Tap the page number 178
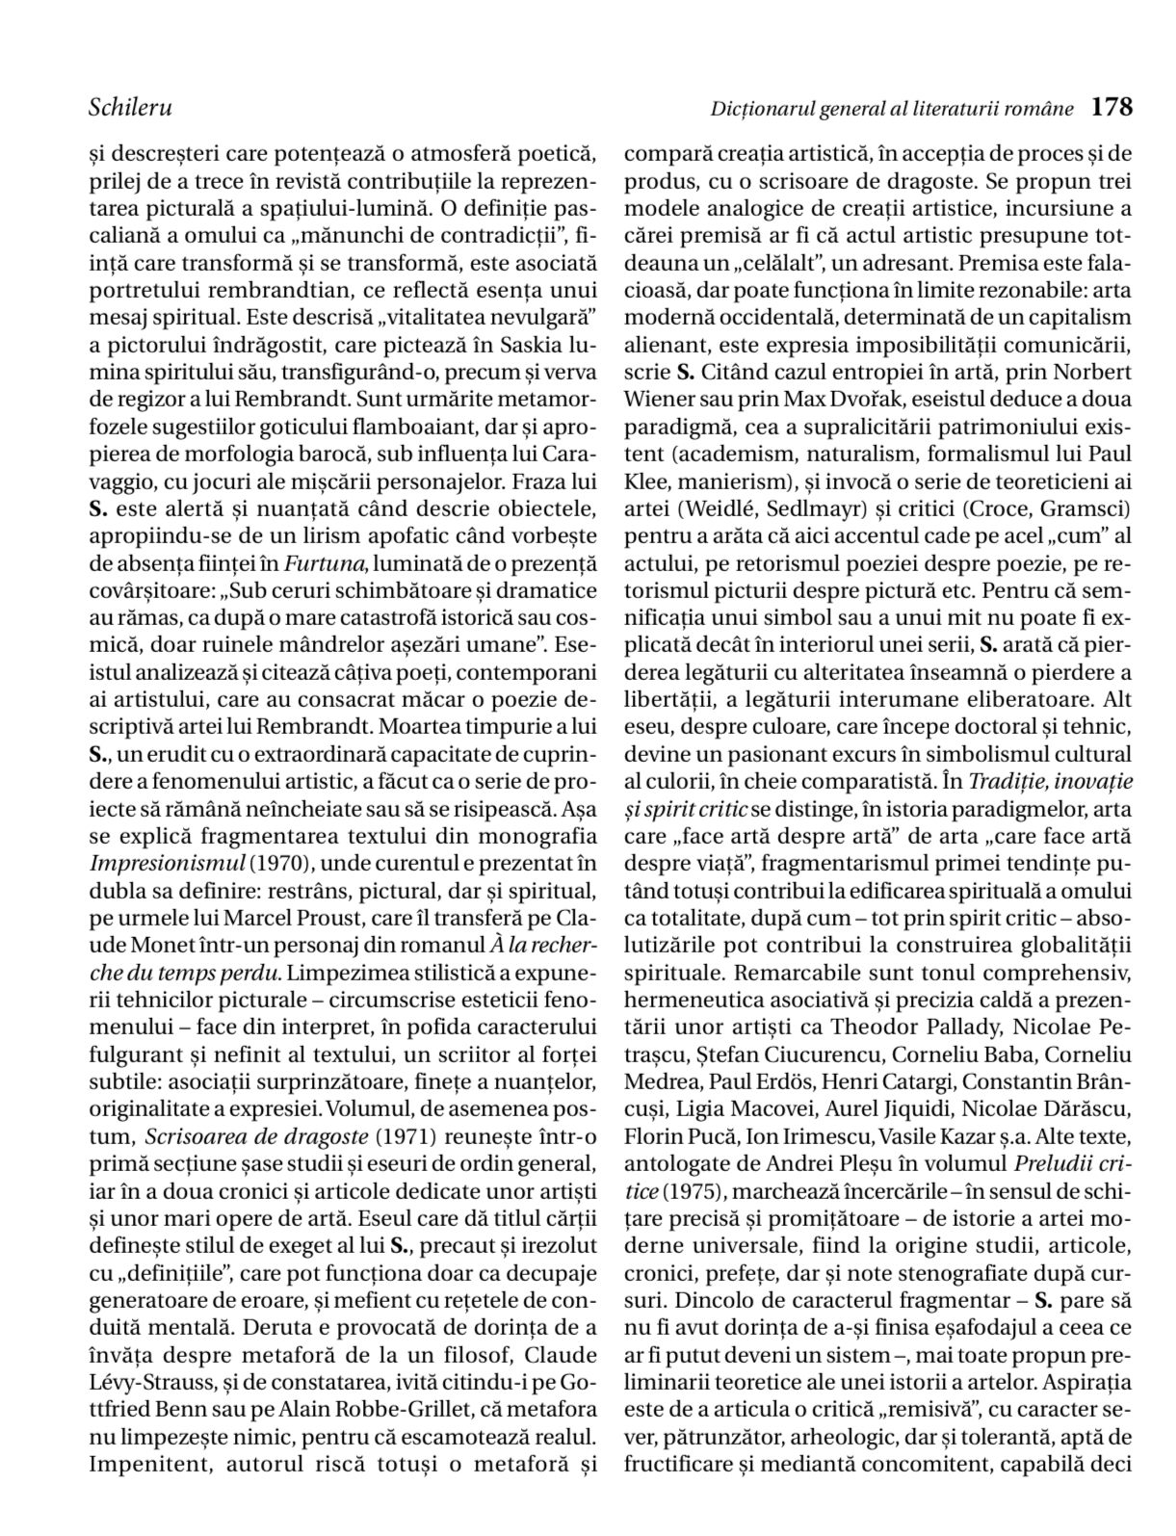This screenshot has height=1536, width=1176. click(1112, 107)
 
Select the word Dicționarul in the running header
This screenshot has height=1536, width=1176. click(762, 109)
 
